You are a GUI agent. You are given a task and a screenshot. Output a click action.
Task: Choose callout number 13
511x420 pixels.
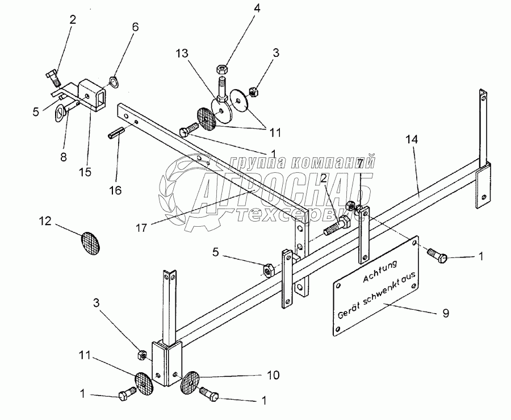point(183,52)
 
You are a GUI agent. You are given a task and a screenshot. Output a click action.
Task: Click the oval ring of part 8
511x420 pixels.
point(61,111)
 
